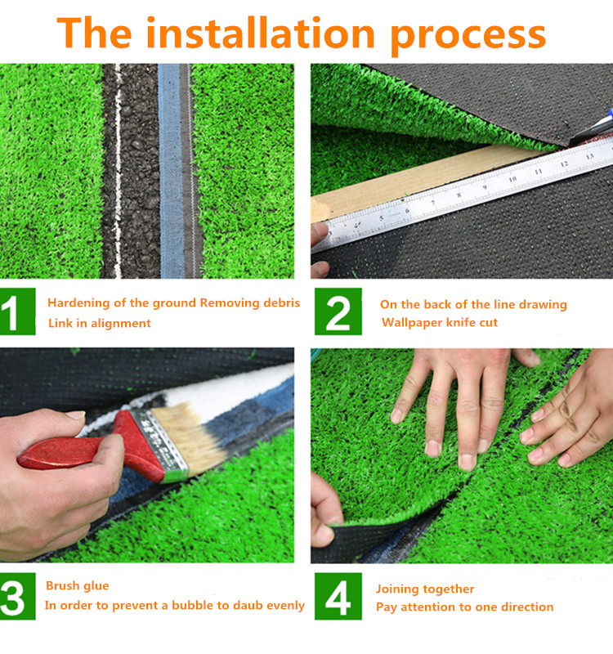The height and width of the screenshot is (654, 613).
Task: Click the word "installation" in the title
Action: coord(260,34)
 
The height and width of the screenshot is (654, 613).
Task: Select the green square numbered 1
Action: coord(17,311)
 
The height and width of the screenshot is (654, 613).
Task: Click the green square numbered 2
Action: coord(338,311)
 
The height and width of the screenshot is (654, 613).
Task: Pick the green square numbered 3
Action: coord(17,597)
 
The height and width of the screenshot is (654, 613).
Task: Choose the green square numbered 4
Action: coord(338,597)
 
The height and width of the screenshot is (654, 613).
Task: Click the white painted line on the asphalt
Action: coord(118,171)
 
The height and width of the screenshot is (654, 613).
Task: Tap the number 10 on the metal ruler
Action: coord(512,179)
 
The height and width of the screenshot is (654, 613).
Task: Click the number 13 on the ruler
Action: coord(589,157)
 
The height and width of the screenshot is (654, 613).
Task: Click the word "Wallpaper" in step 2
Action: coord(412,322)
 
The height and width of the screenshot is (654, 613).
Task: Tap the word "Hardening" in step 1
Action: coord(78,303)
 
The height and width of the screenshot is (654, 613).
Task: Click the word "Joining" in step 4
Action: coord(398,589)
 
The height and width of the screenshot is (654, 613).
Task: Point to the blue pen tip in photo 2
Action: coord(610,113)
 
